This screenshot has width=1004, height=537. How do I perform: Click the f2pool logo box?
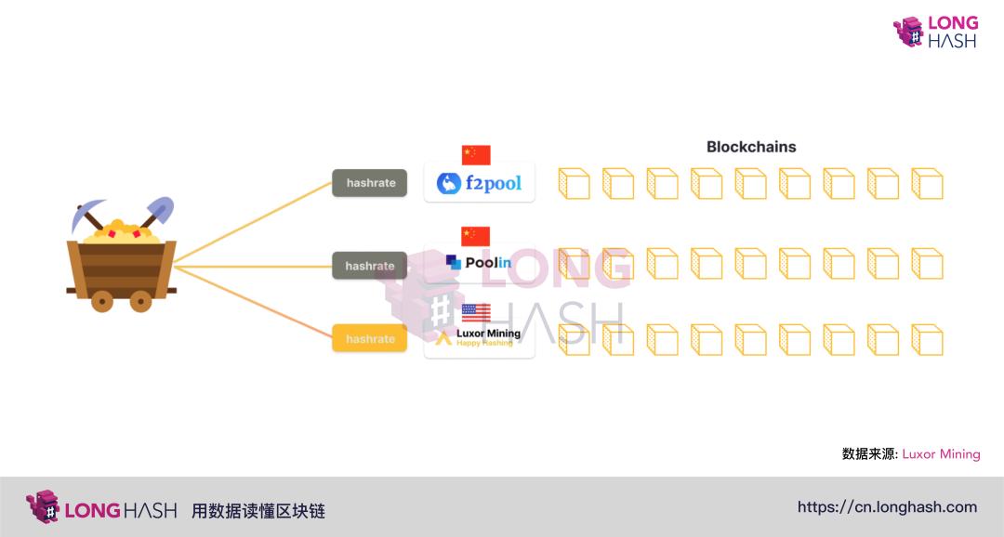tap(480, 183)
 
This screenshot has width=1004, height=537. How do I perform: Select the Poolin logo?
tap(479, 263)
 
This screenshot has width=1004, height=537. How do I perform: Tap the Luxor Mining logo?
tap(480, 337)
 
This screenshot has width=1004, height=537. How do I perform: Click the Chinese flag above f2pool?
tap(476, 155)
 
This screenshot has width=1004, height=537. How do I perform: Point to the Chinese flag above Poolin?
tap(476, 236)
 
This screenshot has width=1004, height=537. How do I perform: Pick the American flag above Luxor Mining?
tap(476, 312)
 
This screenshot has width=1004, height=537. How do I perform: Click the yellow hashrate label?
tap(370, 339)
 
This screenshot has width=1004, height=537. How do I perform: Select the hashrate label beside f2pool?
tap(370, 183)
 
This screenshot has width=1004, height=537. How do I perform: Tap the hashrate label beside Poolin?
tap(370, 266)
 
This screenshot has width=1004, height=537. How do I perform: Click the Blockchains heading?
tap(751, 147)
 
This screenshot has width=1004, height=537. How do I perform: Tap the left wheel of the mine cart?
tap(102, 300)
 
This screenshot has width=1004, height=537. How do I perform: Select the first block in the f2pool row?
tap(574, 183)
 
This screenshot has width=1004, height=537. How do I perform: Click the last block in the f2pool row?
tap(927, 183)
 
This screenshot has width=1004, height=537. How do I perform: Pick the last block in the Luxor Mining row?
tap(927, 339)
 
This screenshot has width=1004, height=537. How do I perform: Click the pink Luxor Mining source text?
tap(941, 454)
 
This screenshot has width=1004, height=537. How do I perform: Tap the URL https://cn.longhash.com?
tap(887, 507)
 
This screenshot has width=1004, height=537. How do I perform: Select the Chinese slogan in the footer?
tap(258, 511)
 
